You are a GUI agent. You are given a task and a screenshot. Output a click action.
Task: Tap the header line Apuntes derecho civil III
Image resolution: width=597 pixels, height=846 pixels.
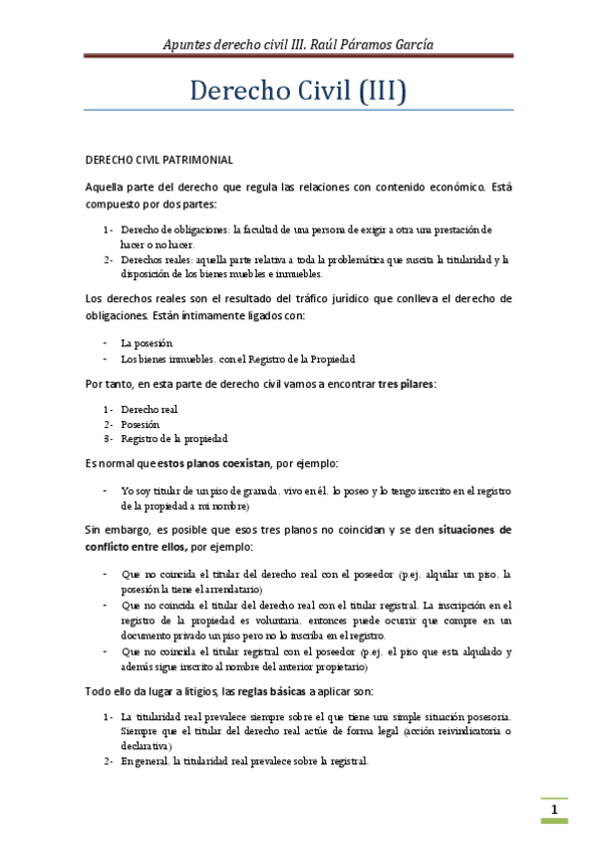click(238, 44)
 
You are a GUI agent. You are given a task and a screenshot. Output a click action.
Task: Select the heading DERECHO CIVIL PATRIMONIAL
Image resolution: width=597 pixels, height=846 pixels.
click(158, 160)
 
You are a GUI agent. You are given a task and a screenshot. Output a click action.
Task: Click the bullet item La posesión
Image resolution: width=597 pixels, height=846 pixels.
click(153, 342)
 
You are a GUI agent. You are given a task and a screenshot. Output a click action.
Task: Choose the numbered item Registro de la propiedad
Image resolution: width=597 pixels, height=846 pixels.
click(174, 438)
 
